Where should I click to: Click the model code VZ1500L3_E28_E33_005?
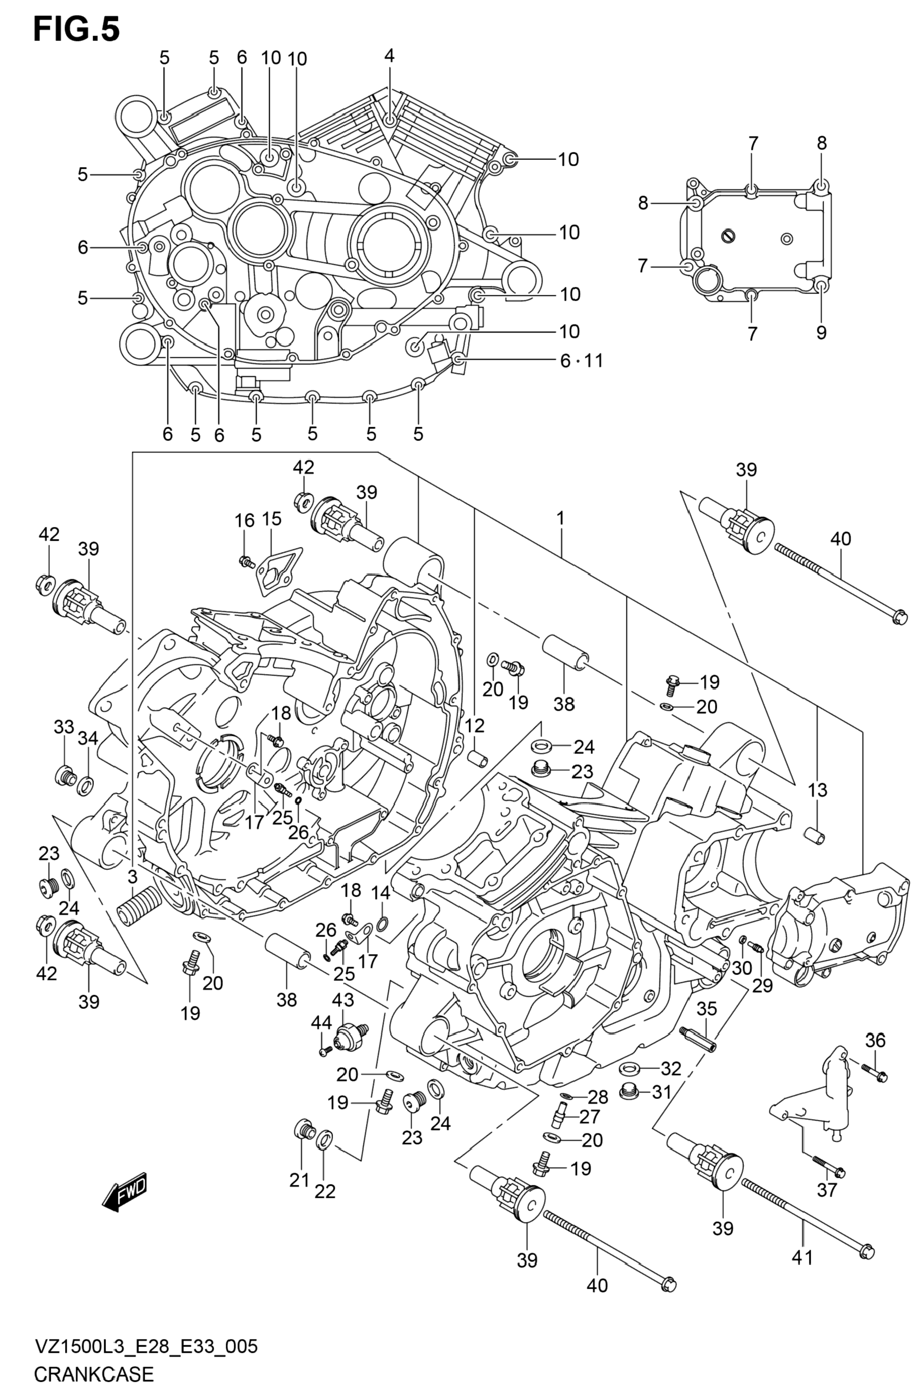[x=146, y=1345]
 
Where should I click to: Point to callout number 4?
[x=390, y=56]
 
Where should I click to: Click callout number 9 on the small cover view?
[x=821, y=333]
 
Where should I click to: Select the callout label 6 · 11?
[x=581, y=360]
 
